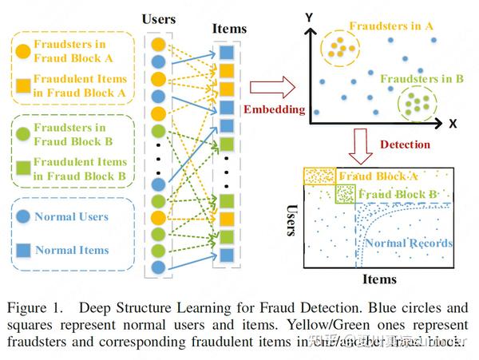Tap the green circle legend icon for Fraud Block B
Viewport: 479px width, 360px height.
coord(22,133)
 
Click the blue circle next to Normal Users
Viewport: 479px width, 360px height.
coord(22,216)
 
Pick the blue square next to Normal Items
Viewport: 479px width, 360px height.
coord(22,250)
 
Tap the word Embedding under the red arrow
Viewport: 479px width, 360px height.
coord(274,109)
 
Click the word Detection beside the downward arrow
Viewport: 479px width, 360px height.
coord(405,144)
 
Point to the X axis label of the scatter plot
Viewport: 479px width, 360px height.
coord(453,124)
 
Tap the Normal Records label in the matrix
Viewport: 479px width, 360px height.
coord(409,243)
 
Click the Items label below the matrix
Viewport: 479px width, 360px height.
coord(379,279)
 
